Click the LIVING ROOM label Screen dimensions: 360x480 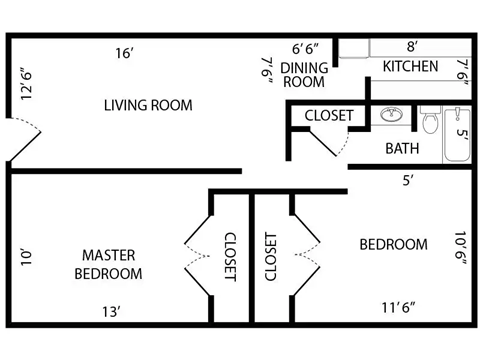(x=148, y=105)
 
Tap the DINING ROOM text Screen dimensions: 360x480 (x=303, y=75)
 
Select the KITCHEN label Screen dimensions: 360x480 (x=410, y=67)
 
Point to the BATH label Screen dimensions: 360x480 (x=402, y=149)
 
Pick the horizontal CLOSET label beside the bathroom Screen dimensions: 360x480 (x=328, y=115)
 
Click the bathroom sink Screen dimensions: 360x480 (x=391, y=116)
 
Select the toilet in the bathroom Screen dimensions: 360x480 (x=430, y=123)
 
